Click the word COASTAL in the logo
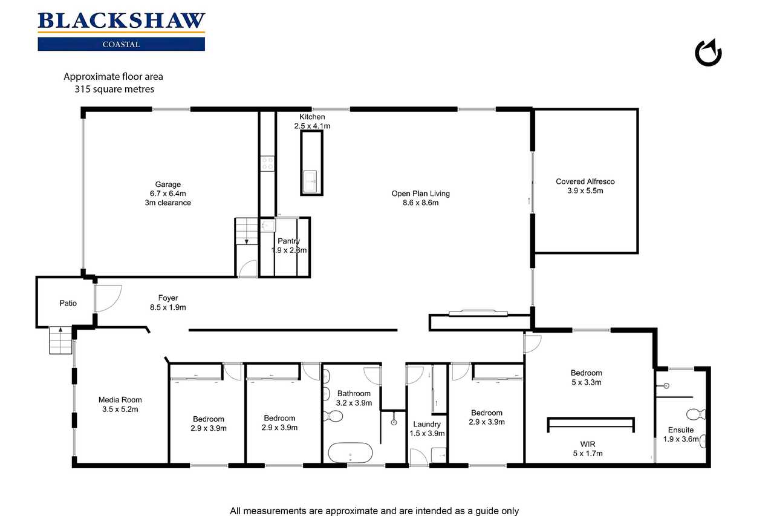[121, 44]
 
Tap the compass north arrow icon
[708, 53]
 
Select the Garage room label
[167, 185]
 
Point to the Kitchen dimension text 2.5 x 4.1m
[312, 126]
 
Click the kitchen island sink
[310, 181]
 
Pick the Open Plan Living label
[420, 194]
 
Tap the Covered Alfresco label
[585, 181]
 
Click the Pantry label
[288, 241]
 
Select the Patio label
[68, 303]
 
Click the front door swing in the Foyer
[108, 298]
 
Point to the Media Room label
[120, 400]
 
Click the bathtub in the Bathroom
[350, 452]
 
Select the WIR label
[587, 444]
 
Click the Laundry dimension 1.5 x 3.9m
[427, 433]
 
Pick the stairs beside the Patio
[61, 340]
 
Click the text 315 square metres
[114, 89]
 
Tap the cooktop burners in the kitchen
[267, 163]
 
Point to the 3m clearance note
[168, 203]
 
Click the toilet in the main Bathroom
[333, 416]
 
